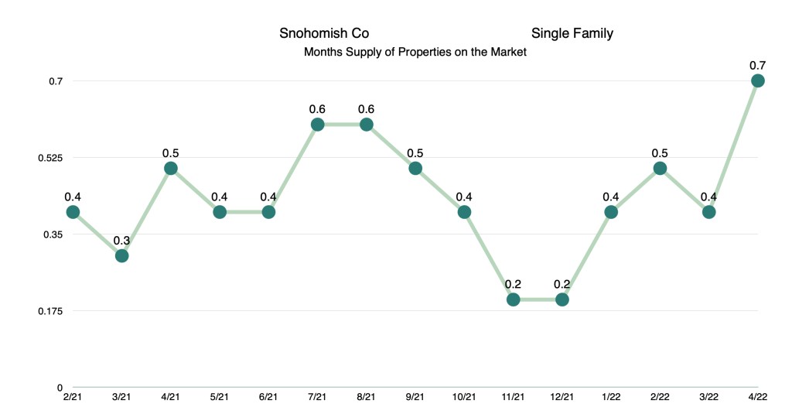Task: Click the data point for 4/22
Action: [x=758, y=80]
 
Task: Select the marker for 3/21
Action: [x=121, y=255]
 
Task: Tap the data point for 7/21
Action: [x=317, y=125]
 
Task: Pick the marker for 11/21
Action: [x=514, y=299]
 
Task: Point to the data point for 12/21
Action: [x=562, y=299]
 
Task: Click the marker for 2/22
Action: [x=660, y=168]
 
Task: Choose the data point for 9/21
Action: [x=415, y=168]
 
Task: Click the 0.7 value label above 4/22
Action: [x=758, y=65]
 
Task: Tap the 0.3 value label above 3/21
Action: [x=121, y=240]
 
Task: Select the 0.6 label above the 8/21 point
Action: [x=367, y=108]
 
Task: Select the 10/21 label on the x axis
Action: [x=464, y=398]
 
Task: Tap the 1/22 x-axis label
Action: [x=611, y=398]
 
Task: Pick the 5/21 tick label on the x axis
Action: [x=220, y=398]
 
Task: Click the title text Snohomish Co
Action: [x=324, y=33]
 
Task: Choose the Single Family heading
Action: [x=572, y=33]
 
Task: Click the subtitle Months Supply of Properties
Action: [x=415, y=53]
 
